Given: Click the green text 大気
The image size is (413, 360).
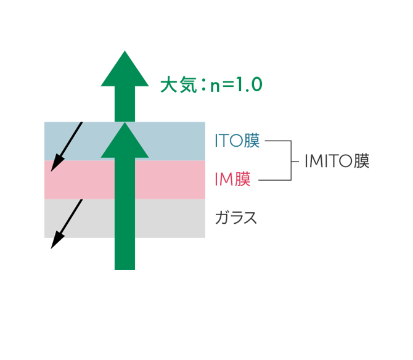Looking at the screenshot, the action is point(179,84).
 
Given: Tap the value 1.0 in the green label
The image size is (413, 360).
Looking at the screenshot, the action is point(249,84).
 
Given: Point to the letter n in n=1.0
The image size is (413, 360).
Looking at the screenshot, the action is point(215,86).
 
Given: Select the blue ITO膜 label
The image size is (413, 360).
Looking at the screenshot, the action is point(237,141).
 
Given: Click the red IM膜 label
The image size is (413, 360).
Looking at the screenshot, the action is point(232,179).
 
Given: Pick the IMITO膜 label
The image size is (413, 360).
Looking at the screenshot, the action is point(337,161).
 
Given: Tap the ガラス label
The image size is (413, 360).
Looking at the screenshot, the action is point(235,218).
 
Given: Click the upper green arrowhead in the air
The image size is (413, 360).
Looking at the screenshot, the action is point(125,68).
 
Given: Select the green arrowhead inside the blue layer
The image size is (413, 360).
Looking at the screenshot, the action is point(125,140).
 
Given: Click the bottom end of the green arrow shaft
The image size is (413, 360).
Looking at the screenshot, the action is point(125,269).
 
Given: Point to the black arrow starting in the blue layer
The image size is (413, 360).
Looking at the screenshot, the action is point(67,147).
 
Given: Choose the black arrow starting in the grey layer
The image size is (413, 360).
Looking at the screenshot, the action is point(67,224).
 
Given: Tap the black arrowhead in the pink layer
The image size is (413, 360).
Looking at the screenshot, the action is point(57,163).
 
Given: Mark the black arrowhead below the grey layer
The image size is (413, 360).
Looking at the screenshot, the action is point(57,240).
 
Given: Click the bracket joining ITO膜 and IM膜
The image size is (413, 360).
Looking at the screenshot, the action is point(291,160).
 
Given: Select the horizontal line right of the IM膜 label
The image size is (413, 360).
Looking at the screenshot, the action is point(275,180).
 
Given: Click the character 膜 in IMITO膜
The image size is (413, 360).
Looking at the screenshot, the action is point(362,161).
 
